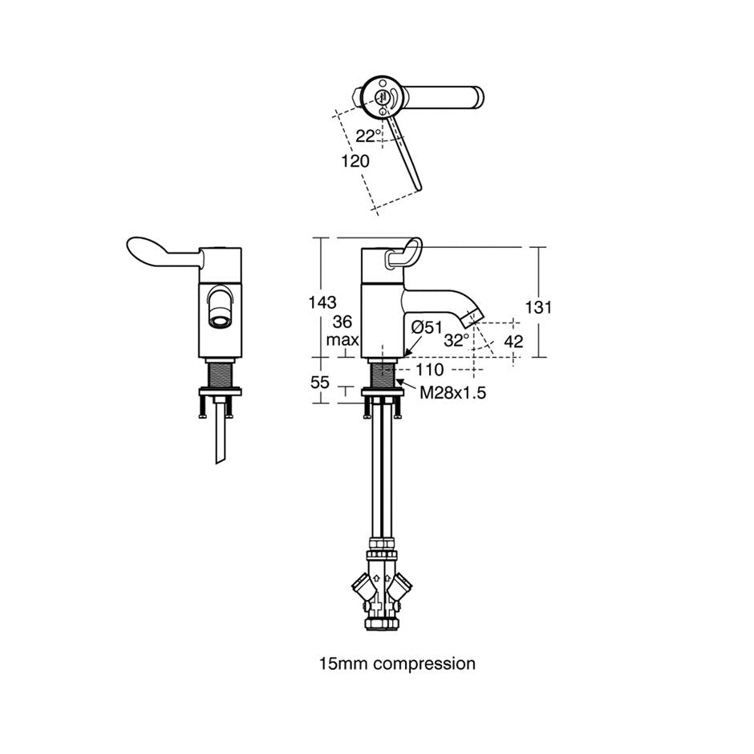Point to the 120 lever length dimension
(355, 160)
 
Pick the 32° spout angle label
(456, 340)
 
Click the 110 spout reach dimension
(431, 370)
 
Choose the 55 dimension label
(320, 383)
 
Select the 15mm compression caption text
(397, 663)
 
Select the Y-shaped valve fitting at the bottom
(383, 585)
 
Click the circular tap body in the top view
(383, 97)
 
